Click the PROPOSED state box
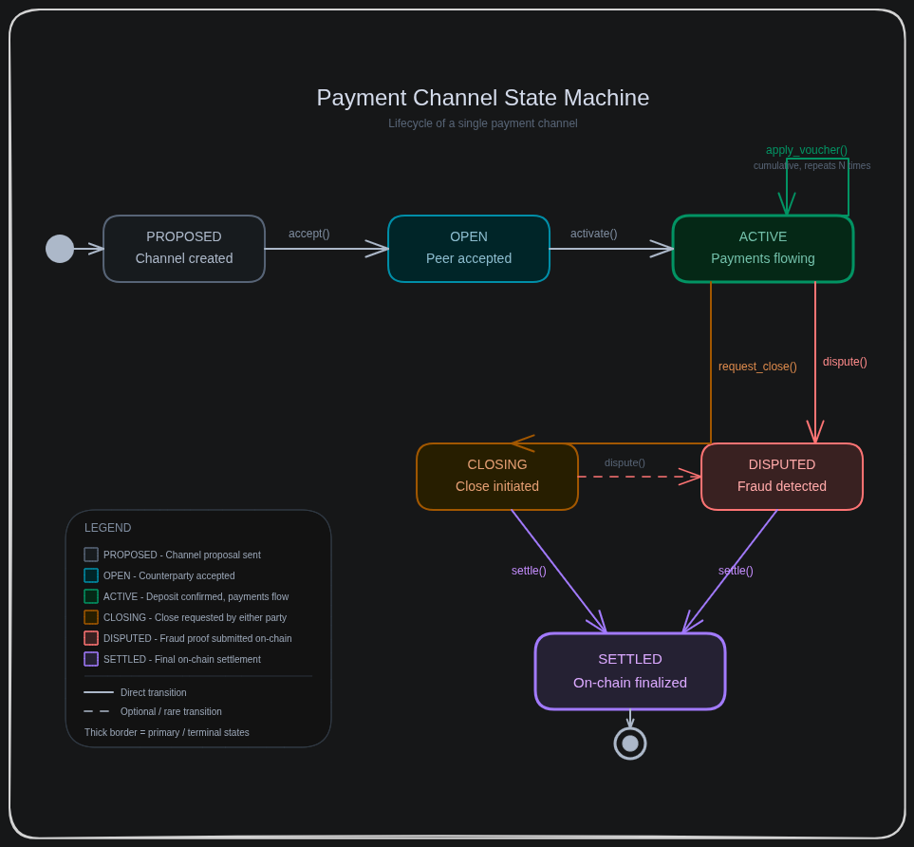click(x=184, y=249)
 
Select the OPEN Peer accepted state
click(x=469, y=249)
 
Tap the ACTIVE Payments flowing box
click(x=763, y=249)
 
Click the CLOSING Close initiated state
click(x=497, y=477)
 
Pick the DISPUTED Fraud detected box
click(x=782, y=477)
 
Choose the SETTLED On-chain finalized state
click(x=630, y=671)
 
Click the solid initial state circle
click(x=60, y=249)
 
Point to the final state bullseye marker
click(x=630, y=743)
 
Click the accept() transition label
click(x=309, y=234)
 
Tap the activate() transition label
click(x=593, y=234)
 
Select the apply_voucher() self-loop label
click(x=807, y=150)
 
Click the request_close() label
click(x=757, y=367)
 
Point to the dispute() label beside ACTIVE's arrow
click(x=845, y=362)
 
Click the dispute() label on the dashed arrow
click(x=625, y=463)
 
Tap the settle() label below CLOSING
click(x=529, y=571)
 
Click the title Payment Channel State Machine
click(x=483, y=98)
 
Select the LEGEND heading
click(x=108, y=528)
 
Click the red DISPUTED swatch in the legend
click(x=91, y=638)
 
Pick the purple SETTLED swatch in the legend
click(x=91, y=659)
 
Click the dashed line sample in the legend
click(x=97, y=711)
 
